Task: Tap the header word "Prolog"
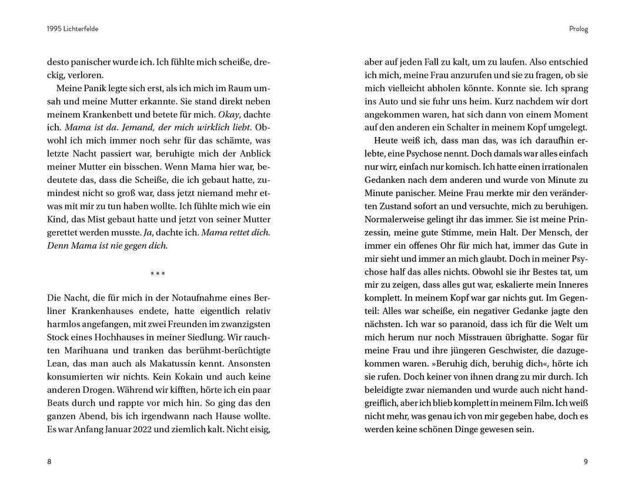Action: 579,29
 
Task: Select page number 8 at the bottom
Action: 49,462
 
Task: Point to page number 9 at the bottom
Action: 586,462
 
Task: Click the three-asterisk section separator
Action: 158,274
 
